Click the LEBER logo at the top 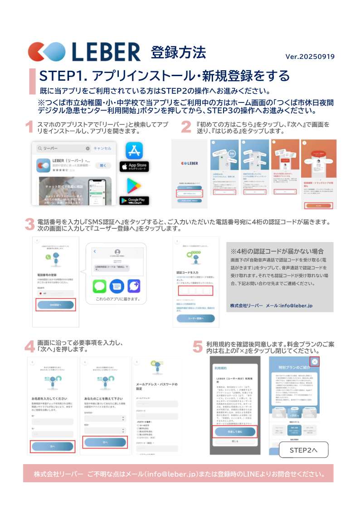click(x=84, y=51)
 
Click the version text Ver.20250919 click(x=310, y=57)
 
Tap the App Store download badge click(x=134, y=166)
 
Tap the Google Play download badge click(x=134, y=200)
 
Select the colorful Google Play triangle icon click(x=134, y=185)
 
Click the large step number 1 click(x=29, y=127)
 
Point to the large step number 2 click(x=186, y=127)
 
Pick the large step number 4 click(x=29, y=346)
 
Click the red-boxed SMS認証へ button click(x=56, y=305)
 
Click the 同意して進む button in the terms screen click(x=235, y=432)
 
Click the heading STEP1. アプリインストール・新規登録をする click(x=164, y=75)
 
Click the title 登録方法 click(x=178, y=53)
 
